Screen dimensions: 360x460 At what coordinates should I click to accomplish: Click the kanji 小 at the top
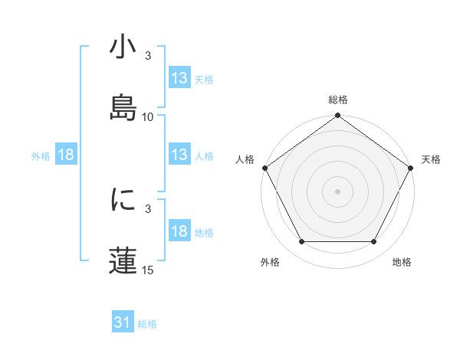pos(123,47)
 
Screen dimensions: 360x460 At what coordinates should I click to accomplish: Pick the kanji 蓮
pos(123,259)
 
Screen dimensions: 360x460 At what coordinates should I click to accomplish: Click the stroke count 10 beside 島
pos(148,117)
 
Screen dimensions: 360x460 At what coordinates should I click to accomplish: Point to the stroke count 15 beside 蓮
pos(148,270)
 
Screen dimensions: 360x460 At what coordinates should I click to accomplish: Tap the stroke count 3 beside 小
pos(148,57)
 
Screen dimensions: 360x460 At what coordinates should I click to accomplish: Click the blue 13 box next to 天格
pos(179,78)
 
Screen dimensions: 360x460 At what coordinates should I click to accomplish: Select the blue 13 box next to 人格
pos(179,155)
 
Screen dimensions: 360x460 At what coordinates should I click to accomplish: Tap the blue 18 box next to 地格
pos(179,231)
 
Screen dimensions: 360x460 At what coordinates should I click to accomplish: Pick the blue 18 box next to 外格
pos(66,155)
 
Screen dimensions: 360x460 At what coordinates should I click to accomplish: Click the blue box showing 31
pos(123,323)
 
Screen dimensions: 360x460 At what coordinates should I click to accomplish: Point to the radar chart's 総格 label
pos(337,100)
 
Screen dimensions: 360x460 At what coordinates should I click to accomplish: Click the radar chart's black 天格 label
pos(431,159)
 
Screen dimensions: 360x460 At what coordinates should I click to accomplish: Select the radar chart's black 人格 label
pos(245,159)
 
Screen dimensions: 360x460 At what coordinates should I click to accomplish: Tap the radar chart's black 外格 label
pos(270,262)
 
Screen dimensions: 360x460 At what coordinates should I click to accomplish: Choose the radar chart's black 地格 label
pos(402,262)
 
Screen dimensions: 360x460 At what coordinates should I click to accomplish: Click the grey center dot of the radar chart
pos(337,191)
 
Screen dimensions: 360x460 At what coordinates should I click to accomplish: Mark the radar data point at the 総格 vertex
pos(337,116)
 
